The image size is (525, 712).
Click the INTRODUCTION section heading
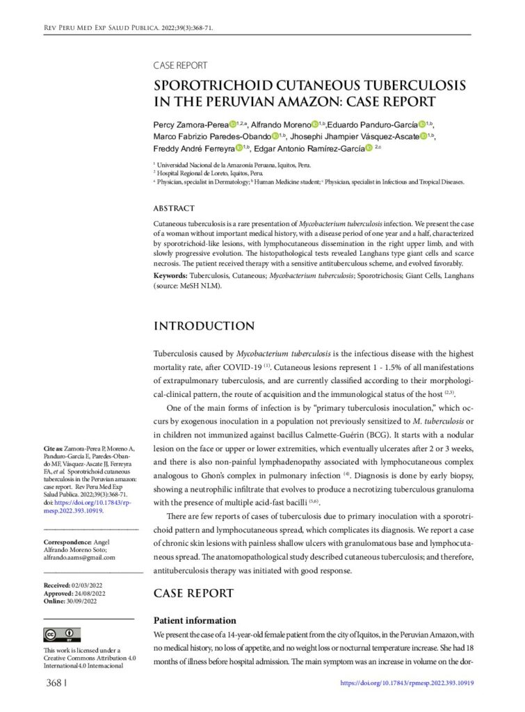204,326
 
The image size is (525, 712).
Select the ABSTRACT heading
174,208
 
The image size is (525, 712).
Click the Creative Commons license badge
62,634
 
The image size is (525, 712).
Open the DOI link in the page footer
407,683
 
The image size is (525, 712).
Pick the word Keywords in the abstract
170,276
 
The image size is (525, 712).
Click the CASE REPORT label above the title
180,65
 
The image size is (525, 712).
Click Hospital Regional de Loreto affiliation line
209,172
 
